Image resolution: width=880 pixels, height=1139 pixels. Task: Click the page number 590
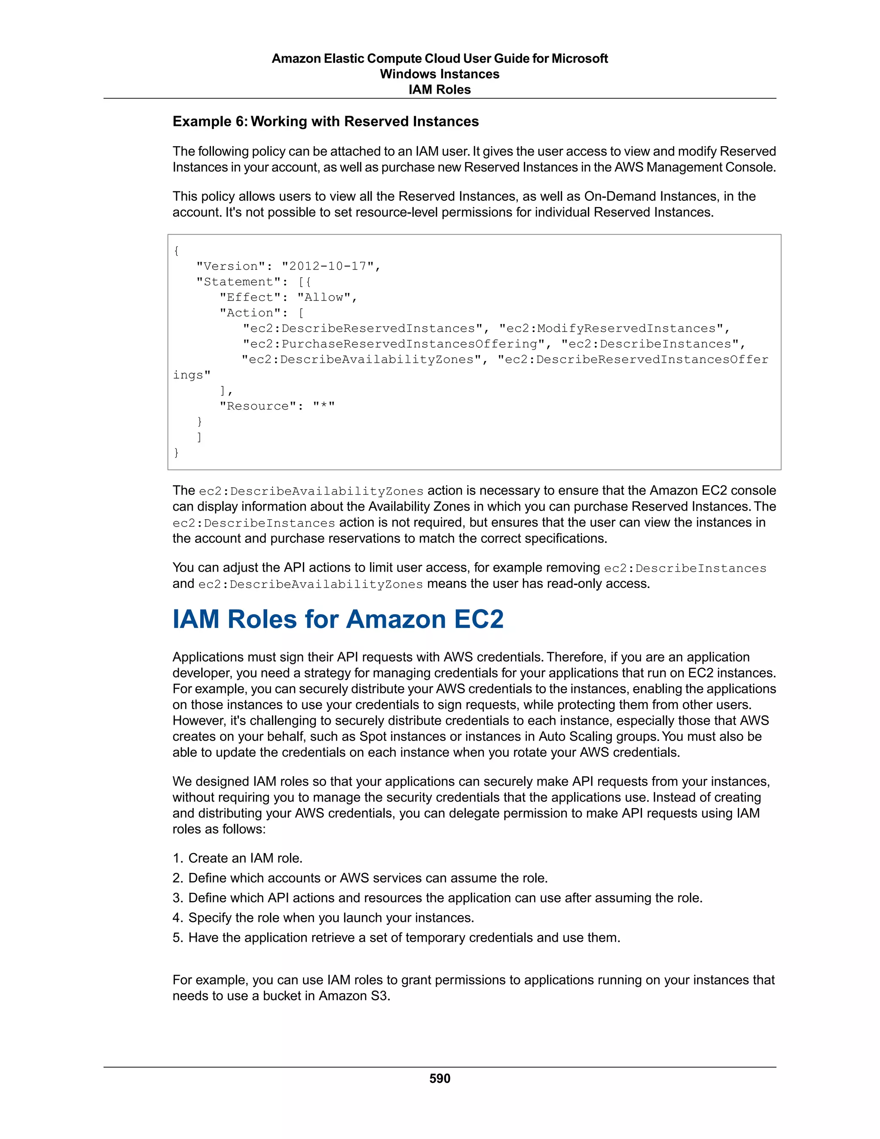pos(440,1078)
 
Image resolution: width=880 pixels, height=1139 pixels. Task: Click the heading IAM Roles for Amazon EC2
pos(338,619)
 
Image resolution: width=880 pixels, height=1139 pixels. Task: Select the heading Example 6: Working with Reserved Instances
pos(325,122)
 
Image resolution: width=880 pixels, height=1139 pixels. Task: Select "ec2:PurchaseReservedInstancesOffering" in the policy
pos(394,344)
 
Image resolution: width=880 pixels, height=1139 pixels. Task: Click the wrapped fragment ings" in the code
pos(191,375)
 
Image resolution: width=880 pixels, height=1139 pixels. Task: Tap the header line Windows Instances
pos(440,74)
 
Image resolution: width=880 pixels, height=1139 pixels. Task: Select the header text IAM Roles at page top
pos(440,90)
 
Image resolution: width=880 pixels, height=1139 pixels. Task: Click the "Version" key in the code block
pos(230,266)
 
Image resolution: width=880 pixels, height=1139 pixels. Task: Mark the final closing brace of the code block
pos(176,453)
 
